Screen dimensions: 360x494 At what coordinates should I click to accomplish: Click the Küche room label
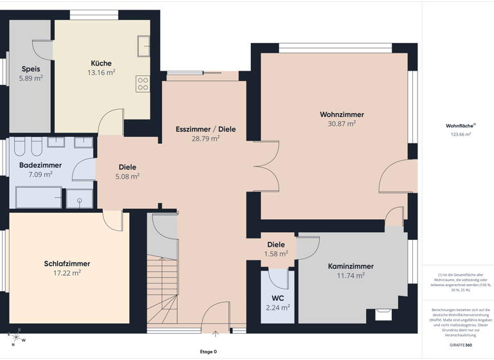point(101,63)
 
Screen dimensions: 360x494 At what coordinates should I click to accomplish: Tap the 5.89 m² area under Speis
point(31,78)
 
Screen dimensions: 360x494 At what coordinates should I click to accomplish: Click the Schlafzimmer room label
point(67,264)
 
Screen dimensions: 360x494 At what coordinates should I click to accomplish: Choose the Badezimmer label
point(41,165)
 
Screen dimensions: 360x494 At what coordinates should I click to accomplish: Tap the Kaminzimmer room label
point(351,266)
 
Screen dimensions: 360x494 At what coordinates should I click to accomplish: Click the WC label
point(278,298)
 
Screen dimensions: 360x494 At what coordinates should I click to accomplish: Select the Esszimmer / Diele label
point(206,129)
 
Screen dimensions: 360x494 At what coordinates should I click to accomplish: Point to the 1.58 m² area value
point(276,254)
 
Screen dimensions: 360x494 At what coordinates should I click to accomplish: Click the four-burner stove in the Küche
point(142,84)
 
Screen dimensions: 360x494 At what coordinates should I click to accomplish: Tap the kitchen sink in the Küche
point(143,46)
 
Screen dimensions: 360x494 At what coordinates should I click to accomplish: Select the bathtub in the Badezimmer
point(39,197)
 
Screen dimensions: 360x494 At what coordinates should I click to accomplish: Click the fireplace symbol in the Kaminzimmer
point(383,314)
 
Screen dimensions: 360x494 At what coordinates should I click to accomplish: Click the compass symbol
point(15,337)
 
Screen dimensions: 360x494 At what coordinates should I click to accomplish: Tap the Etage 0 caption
point(208,352)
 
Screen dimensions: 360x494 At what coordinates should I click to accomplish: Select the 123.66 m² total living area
point(460,134)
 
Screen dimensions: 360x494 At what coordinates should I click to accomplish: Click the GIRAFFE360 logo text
point(461,346)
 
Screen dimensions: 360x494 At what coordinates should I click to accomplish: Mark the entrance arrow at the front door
point(215,334)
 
